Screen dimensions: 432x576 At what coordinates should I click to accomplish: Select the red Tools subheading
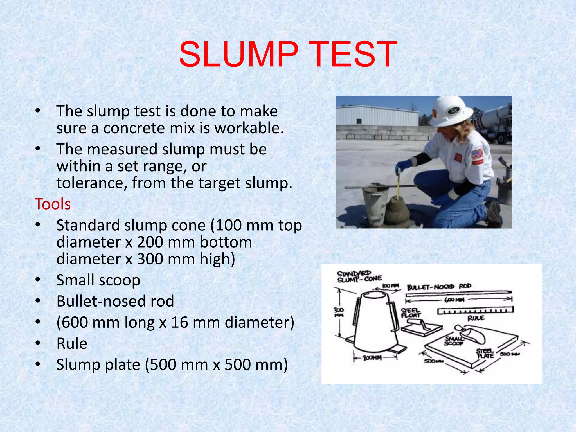(x=53, y=204)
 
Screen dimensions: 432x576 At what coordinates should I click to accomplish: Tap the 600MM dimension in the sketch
(x=454, y=300)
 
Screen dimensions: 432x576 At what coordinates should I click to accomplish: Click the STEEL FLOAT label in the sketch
(x=410, y=313)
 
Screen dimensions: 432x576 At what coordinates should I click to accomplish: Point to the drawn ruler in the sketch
(x=475, y=310)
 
